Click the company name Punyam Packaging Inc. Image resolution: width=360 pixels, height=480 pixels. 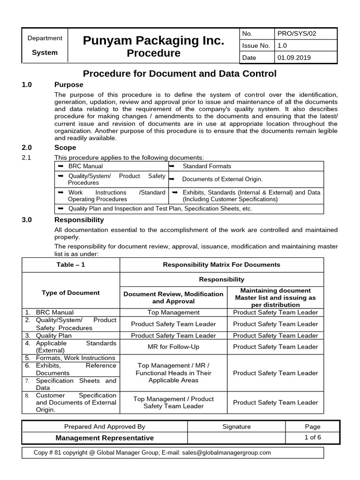[153, 41]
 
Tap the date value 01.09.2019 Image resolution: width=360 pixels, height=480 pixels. [294, 58]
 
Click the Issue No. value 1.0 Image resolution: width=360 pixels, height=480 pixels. [283, 45]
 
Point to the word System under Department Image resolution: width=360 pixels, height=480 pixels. [45, 52]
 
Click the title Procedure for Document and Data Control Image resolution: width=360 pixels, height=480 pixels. [180, 74]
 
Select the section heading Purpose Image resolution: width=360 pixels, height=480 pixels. [69, 85]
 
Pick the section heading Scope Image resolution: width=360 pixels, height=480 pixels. [65, 148]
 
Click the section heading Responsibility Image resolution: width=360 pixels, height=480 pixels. [79, 219]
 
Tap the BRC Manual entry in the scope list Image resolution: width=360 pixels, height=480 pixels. [85, 166]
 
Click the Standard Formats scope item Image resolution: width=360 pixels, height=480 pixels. [207, 166]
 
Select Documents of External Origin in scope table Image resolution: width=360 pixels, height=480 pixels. [222, 179]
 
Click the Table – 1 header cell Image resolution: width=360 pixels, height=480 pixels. [70, 264]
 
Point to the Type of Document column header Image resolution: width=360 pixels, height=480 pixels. [71, 292]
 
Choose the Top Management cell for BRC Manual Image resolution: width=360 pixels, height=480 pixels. [173, 312]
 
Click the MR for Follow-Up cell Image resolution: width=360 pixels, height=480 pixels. [173, 347]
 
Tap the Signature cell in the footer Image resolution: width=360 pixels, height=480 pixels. [237, 427]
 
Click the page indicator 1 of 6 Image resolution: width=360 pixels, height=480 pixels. [312, 437]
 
